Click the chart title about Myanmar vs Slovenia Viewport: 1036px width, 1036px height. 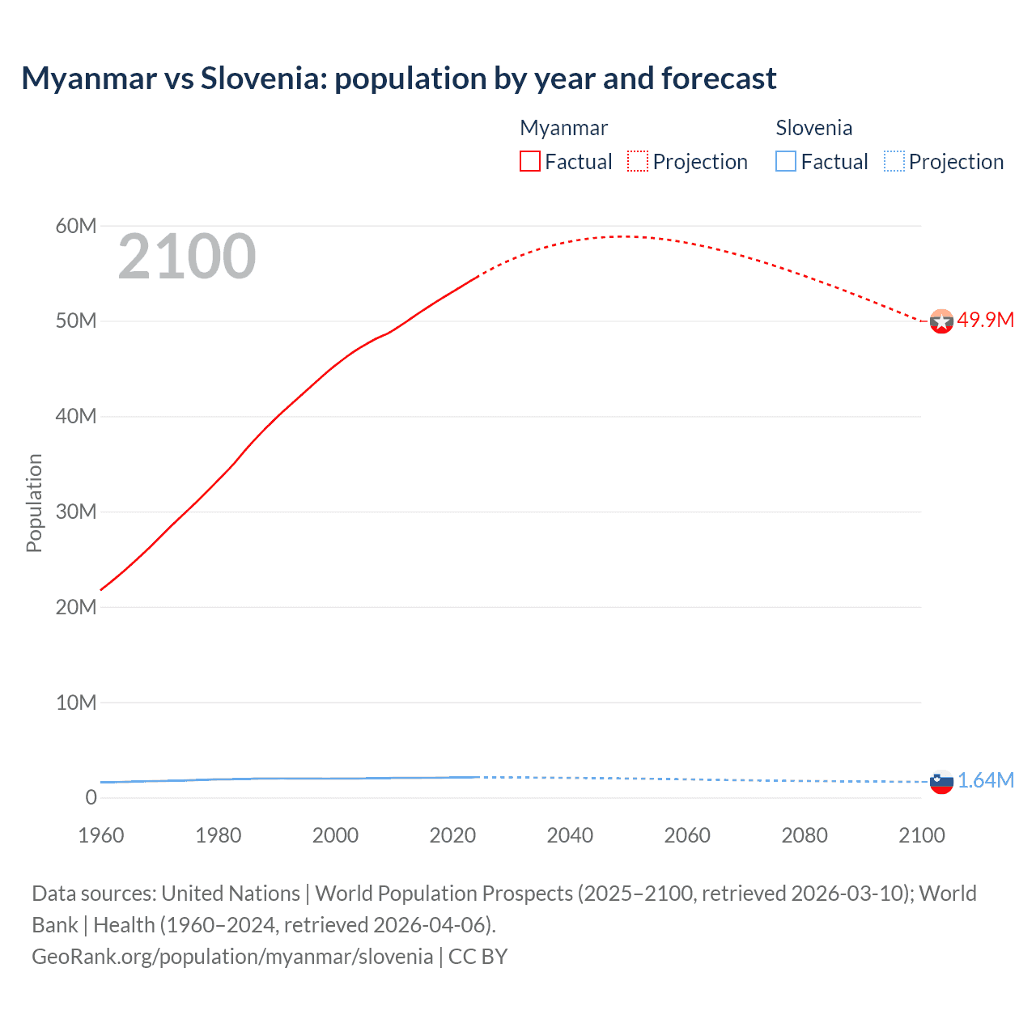(x=398, y=79)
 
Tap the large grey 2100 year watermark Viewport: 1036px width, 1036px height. (x=187, y=257)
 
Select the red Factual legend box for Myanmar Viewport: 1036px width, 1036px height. (x=530, y=162)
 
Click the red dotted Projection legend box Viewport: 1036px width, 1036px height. (x=638, y=162)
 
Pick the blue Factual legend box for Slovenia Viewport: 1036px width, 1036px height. (x=786, y=162)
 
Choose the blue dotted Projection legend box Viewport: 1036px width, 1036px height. (x=894, y=162)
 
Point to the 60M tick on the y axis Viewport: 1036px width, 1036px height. (x=75, y=226)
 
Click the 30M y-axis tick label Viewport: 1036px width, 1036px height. (x=75, y=512)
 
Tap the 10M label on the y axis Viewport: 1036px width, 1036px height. (x=75, y=703)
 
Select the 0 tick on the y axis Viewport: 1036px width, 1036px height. (x=91, y=798)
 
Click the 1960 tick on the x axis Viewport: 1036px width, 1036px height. (x=101, y=835)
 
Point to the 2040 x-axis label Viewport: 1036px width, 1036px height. (x=570, y=835)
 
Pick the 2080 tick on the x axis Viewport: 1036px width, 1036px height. (x=805, y=835)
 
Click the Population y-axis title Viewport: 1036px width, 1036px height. (x=34, y=503)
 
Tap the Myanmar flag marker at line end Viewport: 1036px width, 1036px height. (x=941, y=321)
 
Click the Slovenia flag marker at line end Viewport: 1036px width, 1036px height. (x=941, y=782)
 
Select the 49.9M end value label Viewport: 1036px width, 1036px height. (x=985, y=320)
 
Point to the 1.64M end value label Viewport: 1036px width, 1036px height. (x=985, y=780)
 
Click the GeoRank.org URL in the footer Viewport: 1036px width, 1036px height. (x=232, y=957)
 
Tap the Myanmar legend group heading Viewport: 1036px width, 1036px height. (x=563, y=128)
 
